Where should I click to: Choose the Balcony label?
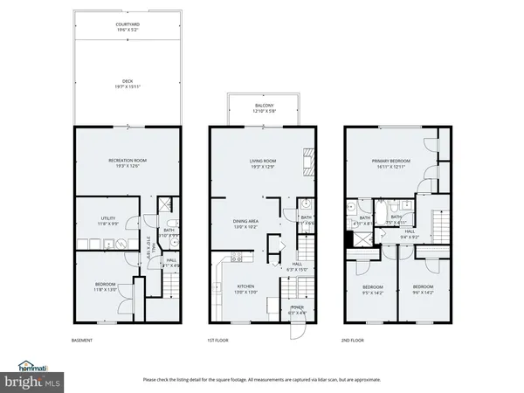coord(264,107)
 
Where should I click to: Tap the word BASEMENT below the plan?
coord(82,340)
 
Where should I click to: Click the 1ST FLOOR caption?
coord(217,340)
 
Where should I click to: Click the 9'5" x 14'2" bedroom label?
coord(373,288)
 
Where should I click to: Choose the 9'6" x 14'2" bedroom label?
coord(424,288)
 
